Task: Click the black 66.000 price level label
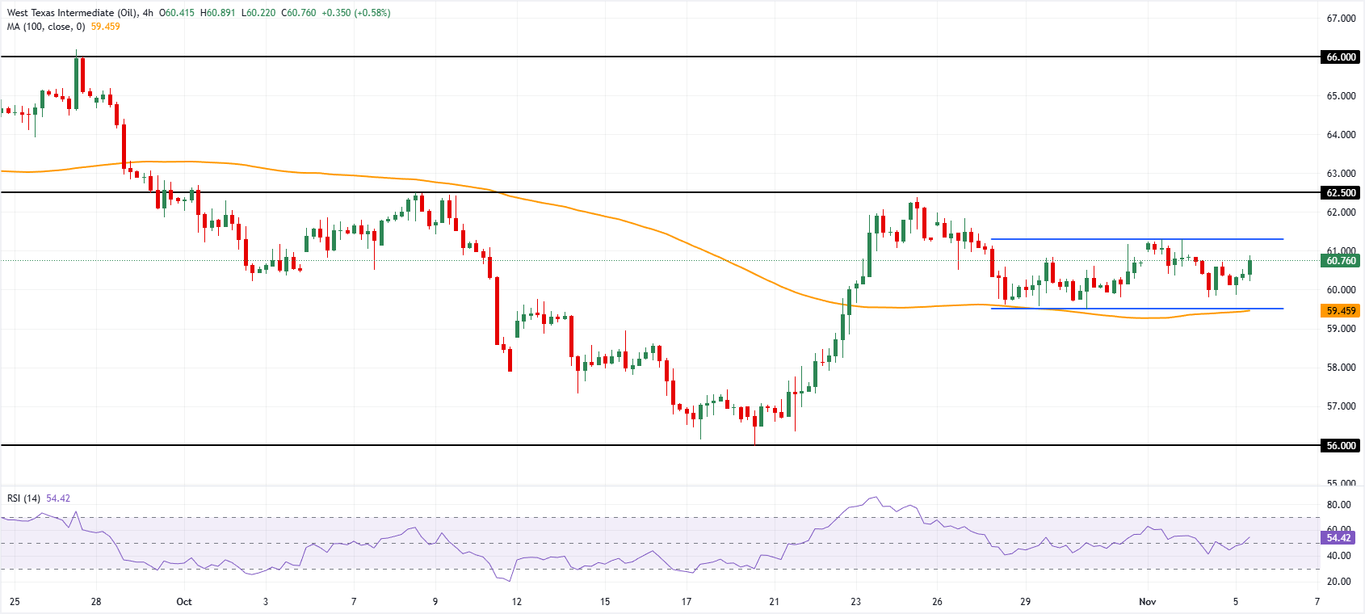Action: point(1341,57)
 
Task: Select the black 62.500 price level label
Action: point(1341,193)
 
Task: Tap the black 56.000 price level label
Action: point(1341,446)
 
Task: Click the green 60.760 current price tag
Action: point(1341,261)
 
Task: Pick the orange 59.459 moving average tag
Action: point(1341,311)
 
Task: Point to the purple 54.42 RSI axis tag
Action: point(1338,538)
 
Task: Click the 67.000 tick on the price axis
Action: point(1341,19)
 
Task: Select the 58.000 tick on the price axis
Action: point(1341,368)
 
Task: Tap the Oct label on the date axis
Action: point(184,602)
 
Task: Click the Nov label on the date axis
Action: point(1147,602)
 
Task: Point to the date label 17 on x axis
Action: point(687,602)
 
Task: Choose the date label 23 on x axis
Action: point(856,602)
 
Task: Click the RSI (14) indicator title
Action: point(23,498)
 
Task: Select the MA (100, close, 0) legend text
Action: point(46,27)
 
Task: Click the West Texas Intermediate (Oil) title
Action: point(72,13)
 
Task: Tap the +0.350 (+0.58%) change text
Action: point(355,13)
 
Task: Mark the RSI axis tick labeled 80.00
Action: point(1338,505)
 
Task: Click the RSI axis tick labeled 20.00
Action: point(1338,582)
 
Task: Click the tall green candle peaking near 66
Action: point(77,82)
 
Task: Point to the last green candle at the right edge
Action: point(1250,267)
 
